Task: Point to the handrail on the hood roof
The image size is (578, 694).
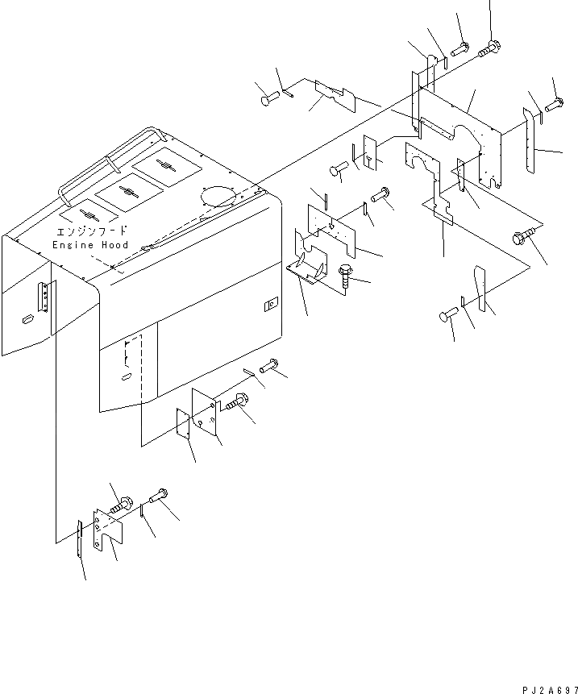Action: pos(109,165)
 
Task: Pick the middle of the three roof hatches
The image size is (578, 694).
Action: pos(127,190)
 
